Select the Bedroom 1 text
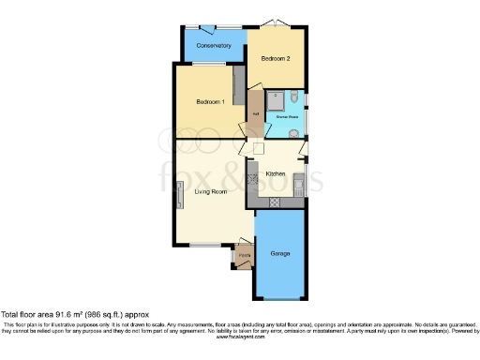[209, 101]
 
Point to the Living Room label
[211, 192]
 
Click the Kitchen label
[276, 174]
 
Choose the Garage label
[279, 254]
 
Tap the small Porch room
[244, 256]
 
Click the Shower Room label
[287, 117]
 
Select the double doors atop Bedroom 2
[269, 23]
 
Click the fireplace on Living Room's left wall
[181, 197]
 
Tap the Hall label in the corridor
[255, 115]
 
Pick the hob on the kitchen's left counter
[252, 178]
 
